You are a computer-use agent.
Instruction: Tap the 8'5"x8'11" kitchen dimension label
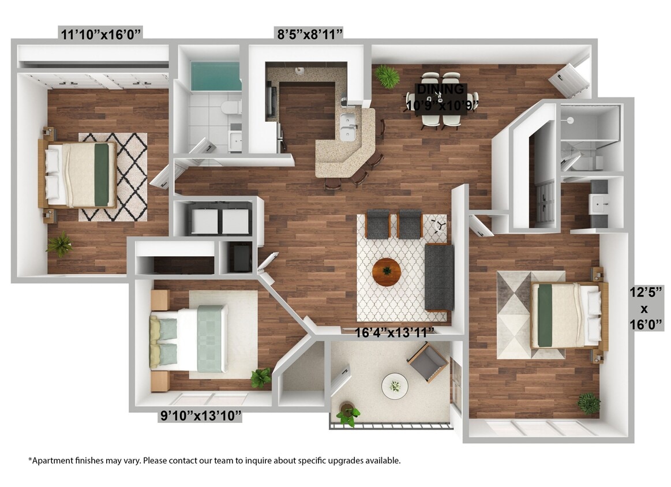(310, 34)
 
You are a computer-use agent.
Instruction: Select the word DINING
(441, 89)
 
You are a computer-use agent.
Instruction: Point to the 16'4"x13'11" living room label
(395, 333)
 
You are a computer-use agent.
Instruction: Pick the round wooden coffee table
(387, 271)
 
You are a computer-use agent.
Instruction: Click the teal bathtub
(215, 76)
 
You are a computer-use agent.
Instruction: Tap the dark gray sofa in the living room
(439, 276)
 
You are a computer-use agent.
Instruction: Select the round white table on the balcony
(395, 385)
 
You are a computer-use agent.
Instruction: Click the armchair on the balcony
(428, 361)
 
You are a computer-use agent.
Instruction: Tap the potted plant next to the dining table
(387, 76)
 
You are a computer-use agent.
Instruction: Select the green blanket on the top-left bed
(102, 174)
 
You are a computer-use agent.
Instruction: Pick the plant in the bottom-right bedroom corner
(588, 403)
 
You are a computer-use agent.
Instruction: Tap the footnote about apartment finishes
(214, 460)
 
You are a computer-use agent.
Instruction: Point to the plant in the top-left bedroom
(60, 245)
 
